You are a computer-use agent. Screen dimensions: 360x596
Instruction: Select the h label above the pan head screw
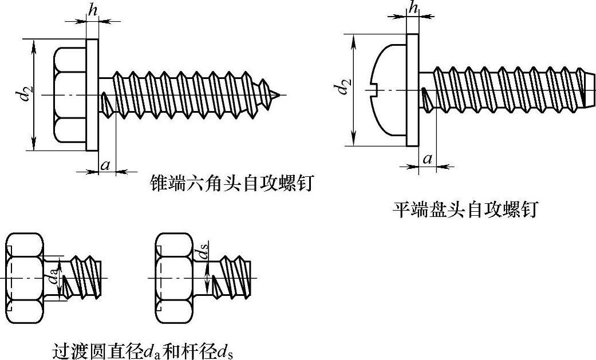tap(412, 7)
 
